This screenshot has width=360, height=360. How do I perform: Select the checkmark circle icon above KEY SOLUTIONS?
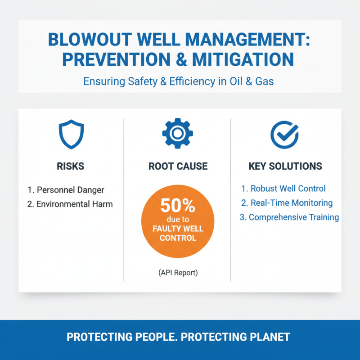[x=284, y=133]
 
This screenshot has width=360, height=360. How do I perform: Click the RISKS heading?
[x=71, y=166]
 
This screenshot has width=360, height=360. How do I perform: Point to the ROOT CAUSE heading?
[x=178, y=166]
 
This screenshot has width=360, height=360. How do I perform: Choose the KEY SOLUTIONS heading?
[x=285, y=166]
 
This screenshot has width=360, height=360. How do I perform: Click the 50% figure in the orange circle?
[x=178, y=207]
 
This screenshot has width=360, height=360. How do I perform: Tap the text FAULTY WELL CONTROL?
[x=178, y=233]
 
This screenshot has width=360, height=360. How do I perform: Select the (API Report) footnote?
[x=178, y=272]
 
